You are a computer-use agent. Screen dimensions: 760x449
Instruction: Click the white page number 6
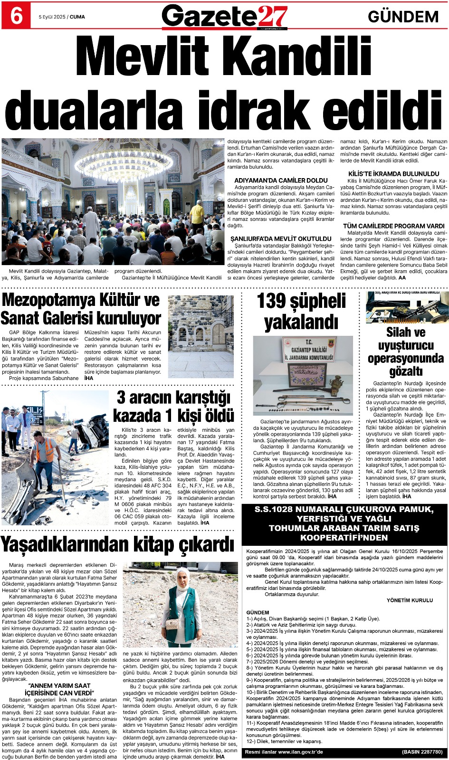pyautogui.click(x=16, y=16)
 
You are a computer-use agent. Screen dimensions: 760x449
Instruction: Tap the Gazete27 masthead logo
pyautogui.click(x=224, y=17)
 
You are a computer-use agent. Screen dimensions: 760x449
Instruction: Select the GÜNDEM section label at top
pyautogui.click(x=403, y=17)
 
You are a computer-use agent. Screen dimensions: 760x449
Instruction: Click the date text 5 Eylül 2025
pyautogui.click(x=52, y=17)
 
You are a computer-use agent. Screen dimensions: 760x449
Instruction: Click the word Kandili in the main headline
pyautogui.click(x=291, y=59)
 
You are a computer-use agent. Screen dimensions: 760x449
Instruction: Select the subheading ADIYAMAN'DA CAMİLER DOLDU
pyautogui.click(x=281, y=180)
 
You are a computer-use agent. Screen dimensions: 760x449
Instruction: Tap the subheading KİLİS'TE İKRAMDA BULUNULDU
pyautogui.click(x=393, y=174)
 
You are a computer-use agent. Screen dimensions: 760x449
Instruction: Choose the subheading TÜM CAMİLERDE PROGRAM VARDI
pyautogui.click(x=393, y=226)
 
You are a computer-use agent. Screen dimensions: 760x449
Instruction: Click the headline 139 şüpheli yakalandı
pyautogui.click(x=301, y=312)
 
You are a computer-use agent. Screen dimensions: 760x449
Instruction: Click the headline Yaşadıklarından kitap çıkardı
pyautogui.click(x=117, y=544)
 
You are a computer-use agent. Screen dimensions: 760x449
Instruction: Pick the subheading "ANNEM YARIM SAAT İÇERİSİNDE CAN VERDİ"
pyautogui.click(x=59, y=689)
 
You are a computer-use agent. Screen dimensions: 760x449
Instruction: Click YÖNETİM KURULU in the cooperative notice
pyautogui.click(x=410, y=600)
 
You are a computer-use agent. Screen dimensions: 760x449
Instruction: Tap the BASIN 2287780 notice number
pyautogui.click(x=422, y=752)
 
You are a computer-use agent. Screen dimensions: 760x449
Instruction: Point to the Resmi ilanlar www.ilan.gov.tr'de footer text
pyautogui.click(x=284, y=752)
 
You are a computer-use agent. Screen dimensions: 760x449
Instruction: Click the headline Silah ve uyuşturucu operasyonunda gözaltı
pyautogui.click(x=406, y=351)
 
